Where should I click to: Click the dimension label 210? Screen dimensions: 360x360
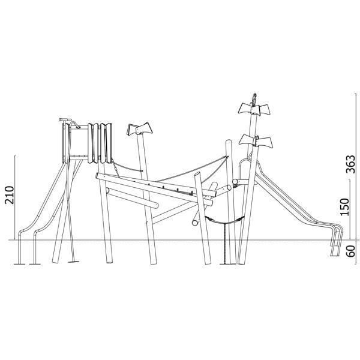click(x=10, y=195)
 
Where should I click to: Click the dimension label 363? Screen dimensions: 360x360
click(x=350, y=164)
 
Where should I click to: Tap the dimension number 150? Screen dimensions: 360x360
click(x=344, y=207)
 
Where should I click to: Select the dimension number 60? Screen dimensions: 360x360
click(x=350, y=251)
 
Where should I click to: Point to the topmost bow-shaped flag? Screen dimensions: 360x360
click(x=254, y=110)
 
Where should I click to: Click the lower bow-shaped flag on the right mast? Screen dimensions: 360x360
click(x=256, y=141)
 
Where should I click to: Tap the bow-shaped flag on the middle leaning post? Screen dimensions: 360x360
click(x=140, y=129)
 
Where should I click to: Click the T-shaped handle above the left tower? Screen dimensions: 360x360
click(x=65, y=119)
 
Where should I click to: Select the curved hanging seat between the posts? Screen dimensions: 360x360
click(x=224, y=221)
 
